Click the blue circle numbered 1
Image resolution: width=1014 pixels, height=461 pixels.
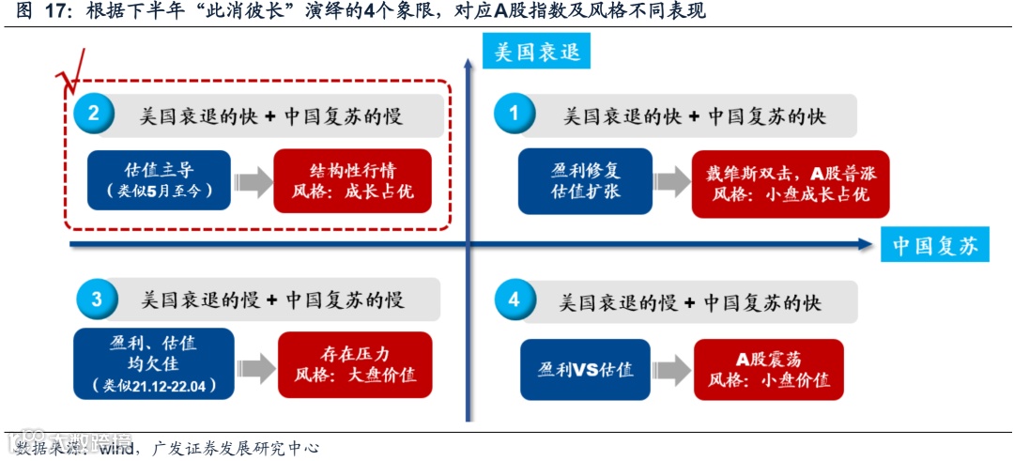tap(514, 115)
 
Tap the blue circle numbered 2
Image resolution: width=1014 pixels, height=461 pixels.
tap(94, 115)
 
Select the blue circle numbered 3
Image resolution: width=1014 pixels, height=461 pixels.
tap(96, 300)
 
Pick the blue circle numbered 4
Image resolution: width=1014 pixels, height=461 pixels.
tap(514, 300)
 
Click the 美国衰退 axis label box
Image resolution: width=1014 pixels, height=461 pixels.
tap(536, 51)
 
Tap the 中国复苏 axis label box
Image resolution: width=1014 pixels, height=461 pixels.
tap(934, 246)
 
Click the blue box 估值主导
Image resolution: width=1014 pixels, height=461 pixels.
tap(159, 180)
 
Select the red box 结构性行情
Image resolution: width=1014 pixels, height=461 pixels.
tap(352, 180)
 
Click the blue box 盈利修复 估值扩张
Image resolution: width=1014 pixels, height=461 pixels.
tap(585, 180)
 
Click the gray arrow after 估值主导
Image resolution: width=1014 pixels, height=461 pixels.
tap(253, 181)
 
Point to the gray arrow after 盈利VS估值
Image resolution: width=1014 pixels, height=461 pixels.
tap(671, 369)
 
